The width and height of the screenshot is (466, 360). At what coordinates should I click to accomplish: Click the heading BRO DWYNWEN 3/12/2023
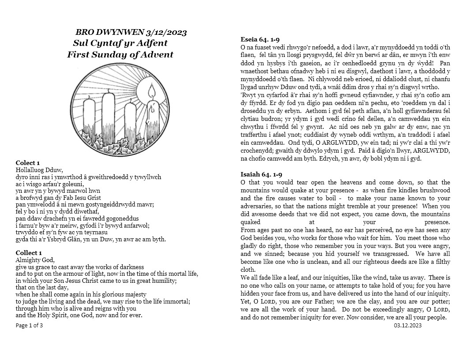[131, 32]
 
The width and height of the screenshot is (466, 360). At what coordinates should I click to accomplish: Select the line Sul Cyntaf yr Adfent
[120, 43]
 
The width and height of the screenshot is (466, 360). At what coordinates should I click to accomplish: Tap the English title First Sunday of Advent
[120, 55]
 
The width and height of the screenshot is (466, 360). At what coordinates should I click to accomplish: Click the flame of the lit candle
[152, 92]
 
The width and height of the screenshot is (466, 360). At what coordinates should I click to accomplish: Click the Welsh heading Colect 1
[29, 163]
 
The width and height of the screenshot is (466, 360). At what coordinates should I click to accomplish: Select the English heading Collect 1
[29, 253]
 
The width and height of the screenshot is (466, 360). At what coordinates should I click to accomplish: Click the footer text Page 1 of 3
[29, 326]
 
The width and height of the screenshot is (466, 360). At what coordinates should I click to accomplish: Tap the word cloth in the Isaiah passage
[248, 270]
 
